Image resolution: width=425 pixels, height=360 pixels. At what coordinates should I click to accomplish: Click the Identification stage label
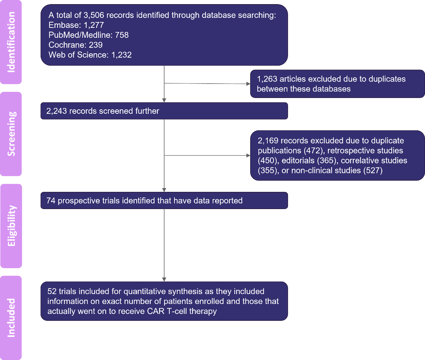tap(11, 42)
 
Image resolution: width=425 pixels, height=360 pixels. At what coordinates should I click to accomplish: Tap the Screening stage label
tap(11, 134)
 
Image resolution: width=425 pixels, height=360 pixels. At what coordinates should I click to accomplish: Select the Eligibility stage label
tap(11, 226)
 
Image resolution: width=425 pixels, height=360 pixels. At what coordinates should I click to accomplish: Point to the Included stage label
tap(11, 318)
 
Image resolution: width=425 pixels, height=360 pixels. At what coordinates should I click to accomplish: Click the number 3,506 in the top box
tap(94, 15)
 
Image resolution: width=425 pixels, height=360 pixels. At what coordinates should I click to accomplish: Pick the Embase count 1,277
tap(94, 25)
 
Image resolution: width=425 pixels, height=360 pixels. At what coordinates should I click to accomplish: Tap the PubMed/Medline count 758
tap(122, 35)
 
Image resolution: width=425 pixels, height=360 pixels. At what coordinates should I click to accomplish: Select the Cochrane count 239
tap(96, 45)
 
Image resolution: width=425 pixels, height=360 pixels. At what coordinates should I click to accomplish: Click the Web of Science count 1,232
tap(121, 55)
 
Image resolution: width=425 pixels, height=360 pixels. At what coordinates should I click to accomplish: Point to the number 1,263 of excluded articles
tap(267, 79)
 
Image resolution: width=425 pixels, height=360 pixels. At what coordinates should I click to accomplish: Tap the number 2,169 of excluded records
tap(268, 141)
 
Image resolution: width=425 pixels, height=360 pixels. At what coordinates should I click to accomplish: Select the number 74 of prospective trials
tap(51, 201)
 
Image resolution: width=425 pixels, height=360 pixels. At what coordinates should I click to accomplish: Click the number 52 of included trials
tap(52, 292)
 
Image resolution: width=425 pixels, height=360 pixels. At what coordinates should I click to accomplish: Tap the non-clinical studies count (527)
tap(373, 171)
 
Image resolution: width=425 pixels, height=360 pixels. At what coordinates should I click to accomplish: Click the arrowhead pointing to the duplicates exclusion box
tap(248, 84)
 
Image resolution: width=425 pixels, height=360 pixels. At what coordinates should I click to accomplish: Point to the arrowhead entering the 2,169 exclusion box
tap(248, 155)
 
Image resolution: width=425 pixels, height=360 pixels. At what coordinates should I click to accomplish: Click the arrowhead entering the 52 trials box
tap(164, 280)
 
